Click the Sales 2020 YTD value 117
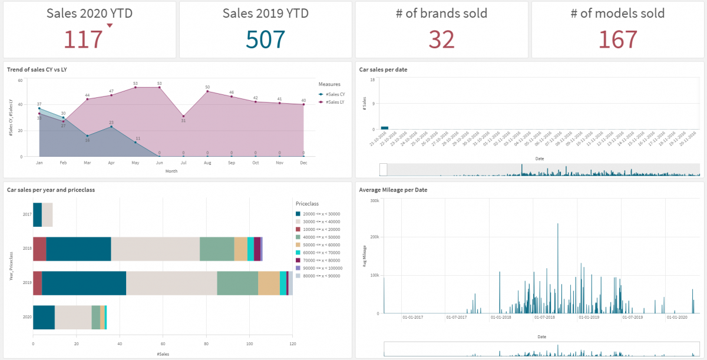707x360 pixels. (83, 39)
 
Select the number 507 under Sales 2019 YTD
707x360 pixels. (265, 39)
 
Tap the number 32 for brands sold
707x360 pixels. (441, 39)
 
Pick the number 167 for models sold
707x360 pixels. (617, 39)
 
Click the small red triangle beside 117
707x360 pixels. (110, 25)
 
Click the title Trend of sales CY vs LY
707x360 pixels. (37, 70)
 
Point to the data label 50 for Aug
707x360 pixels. (207, 87)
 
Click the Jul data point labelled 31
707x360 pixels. (183, 116)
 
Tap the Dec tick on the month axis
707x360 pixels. (303, 162)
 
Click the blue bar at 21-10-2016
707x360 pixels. (384, 127)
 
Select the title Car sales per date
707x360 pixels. (383, 70)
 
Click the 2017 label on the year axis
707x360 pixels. (27, 214)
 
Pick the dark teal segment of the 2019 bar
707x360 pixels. (84, 283)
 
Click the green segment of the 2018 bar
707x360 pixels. (217, 249)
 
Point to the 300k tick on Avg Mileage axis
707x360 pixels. (374, 201)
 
